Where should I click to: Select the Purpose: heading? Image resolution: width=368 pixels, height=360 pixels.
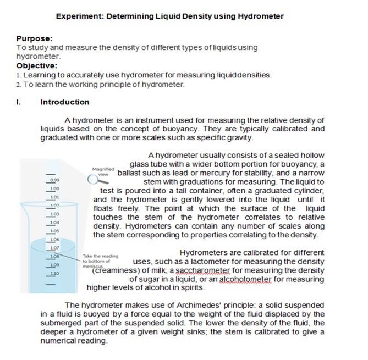[x=34, y=38]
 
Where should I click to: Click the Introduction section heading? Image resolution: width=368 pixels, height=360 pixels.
[x=65, y=102]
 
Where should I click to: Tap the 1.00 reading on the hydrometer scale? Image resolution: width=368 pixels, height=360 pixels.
[x=54, y=189]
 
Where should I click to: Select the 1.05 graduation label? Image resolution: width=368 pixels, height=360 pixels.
[x=54, y=231]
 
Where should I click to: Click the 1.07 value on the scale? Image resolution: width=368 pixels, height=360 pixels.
[x=54, y=248]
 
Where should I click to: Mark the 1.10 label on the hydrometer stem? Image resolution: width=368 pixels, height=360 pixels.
[x=54, y=273]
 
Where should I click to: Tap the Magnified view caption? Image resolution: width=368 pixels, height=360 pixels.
[x=103, y=171]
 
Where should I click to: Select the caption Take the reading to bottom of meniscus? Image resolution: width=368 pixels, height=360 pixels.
[x=100, y=261]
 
